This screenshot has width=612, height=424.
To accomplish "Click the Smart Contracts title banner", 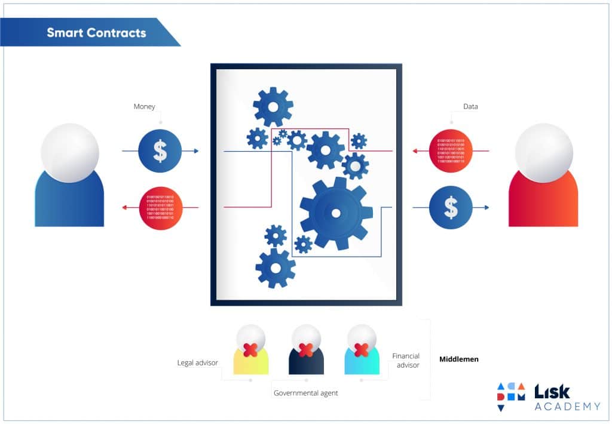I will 96,32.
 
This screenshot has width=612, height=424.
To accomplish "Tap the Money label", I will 144,107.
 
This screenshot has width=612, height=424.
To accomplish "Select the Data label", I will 470,107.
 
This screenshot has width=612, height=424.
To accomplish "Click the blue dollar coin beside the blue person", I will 160,151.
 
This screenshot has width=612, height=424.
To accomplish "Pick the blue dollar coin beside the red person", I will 451,207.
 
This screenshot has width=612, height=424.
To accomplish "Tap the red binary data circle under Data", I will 451,151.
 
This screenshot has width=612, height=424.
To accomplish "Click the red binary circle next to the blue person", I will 160,207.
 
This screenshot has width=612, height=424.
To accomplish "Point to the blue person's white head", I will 70,153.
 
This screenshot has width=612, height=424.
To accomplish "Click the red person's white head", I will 544,153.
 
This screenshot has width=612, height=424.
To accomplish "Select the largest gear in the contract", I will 336,213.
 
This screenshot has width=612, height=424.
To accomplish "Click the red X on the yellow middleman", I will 250,350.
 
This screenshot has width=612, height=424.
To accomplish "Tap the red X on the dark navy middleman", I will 305,350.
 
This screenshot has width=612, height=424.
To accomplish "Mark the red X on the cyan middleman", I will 361,350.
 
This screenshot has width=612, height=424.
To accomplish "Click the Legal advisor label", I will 197,362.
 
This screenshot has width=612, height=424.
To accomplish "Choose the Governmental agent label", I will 306,393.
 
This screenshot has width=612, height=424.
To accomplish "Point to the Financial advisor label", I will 406,360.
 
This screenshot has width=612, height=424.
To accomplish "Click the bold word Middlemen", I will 459,360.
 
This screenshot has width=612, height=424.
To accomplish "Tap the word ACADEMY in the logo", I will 567,407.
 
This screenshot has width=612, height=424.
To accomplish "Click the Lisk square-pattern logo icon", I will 510,396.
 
